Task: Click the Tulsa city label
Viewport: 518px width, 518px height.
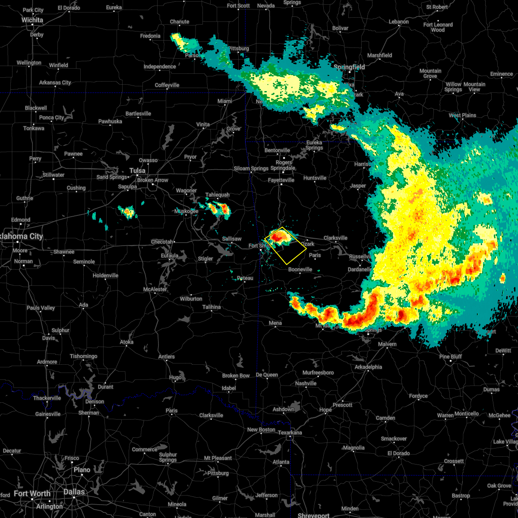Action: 137,170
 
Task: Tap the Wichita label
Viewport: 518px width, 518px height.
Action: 32,20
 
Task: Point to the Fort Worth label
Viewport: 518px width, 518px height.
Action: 32,493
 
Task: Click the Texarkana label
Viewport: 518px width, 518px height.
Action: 290,433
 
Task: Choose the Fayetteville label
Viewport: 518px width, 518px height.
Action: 281,180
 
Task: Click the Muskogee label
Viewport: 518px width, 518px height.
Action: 186,211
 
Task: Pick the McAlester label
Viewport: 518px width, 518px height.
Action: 155,289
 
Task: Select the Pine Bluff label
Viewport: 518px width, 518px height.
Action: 450,357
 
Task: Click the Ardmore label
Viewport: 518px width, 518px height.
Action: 47,362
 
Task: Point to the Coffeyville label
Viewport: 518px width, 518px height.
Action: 167,85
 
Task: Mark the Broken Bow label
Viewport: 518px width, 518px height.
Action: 236,376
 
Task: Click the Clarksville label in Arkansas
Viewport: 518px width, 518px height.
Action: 335,238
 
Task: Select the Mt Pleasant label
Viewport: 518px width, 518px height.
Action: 218,458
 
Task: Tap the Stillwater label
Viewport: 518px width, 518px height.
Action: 54,175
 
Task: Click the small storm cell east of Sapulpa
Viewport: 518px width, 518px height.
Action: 128,212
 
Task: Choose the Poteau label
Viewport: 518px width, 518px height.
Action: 245,278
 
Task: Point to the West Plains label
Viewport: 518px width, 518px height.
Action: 462,115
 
